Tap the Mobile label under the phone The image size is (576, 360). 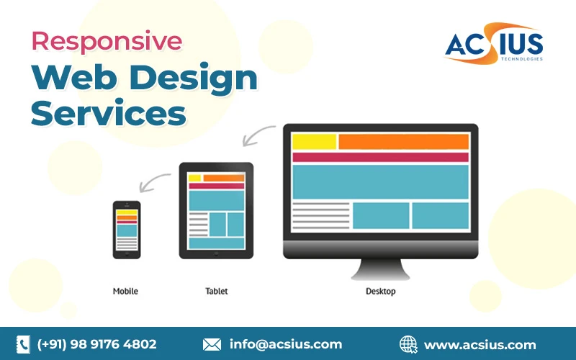pyautogui.click(x=125, y=292)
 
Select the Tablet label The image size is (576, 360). pyautogui.click(x=216, y=292)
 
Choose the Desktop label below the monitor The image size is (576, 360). pyautogui.click(x=380, y=292)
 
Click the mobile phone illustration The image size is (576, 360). pyautogui.click(x=126, y=230)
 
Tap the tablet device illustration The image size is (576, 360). pyautogui.click(x=216, y=211)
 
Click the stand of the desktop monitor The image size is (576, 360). pyautogui.click(x=380, y=269)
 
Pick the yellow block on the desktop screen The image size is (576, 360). pyautogui.click(x=314, y=142)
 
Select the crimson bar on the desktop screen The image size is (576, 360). pyautogui.click(x=380, y=157)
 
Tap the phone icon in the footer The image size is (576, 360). pyautogui.click(x=24, y=344)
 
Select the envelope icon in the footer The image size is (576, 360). pyautogui.click(x=212, y=344)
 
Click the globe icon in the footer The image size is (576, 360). pyautogui.click(x=408, y=344)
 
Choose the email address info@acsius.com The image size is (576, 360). pyautogui.click(x=286, y=344)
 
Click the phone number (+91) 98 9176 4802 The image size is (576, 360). pyautogui.click(x=96, y=344)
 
